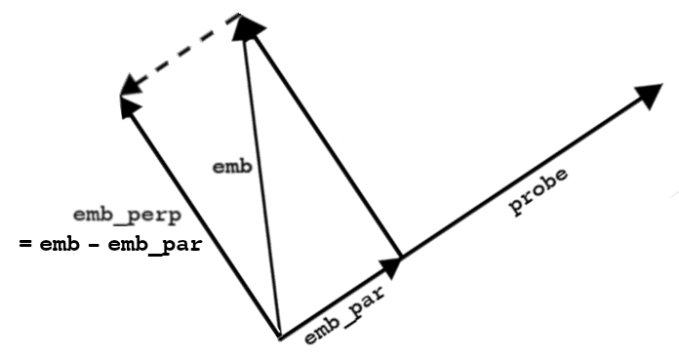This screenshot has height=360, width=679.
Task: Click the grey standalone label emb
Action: tap(232, 167)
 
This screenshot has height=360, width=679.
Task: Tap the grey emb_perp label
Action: tap(127, 216)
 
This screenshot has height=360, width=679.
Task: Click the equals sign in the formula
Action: tap(25, 244)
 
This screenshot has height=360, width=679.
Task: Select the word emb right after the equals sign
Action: tap(60, 245)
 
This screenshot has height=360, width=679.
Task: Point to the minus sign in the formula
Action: tap(94, 245)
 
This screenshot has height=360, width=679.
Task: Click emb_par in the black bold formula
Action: tap(154, 246)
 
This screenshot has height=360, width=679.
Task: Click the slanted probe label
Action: tap(539, 191)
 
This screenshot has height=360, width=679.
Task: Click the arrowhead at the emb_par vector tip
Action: tap(391, 267)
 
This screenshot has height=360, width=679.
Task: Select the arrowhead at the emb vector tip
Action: tap(248, 27)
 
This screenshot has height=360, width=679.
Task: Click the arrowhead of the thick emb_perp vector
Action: tap(129, 106)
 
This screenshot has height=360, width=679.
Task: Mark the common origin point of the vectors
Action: tap(281, 339)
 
